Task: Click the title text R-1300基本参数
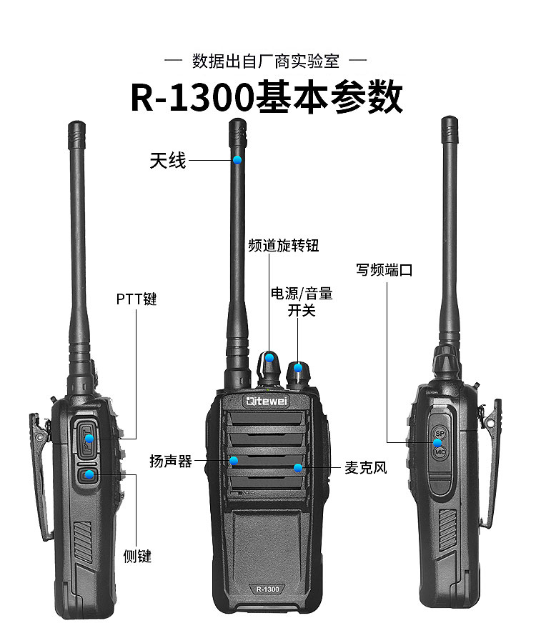pyautogui.click(x=267, y=98)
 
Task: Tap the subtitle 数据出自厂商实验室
pyautogui.click(x=266, y=61)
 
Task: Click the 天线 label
pyautogui.click(x=168, y=160)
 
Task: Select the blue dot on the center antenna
pyautogui.click(x=237, y=160)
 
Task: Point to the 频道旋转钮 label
pyautogui.click(x=283, y=246)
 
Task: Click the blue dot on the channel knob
pyautogui.click(x=269, y=358)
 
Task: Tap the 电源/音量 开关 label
pyautogui.click(x=302, y=301)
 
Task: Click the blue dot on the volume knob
pyautogui.click(x=298, y=368)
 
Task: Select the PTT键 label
pyautogui.click(x=137, y=299)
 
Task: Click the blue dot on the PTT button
pyautogui.click(x=89, y=439)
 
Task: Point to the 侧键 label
pyautogui.click(x=137, y=556)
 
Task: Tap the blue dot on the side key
pyautogui.click(x=89, y=474)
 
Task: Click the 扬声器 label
pyautogui.click(x=171, y=461)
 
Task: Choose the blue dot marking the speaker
pyautogui.click(x=234, y=461)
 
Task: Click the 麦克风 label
pyautogui.click(x=365, y=468)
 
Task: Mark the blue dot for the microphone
pyautogui.click(x=298, y=468)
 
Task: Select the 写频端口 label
pyautogui.click(x=384, y=270)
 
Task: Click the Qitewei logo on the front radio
pyautogui.click(x=267, y=402)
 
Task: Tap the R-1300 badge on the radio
pyautogui.click(x=267, y=589)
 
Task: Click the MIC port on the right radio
pyautogui.click(x=440, y=452)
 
